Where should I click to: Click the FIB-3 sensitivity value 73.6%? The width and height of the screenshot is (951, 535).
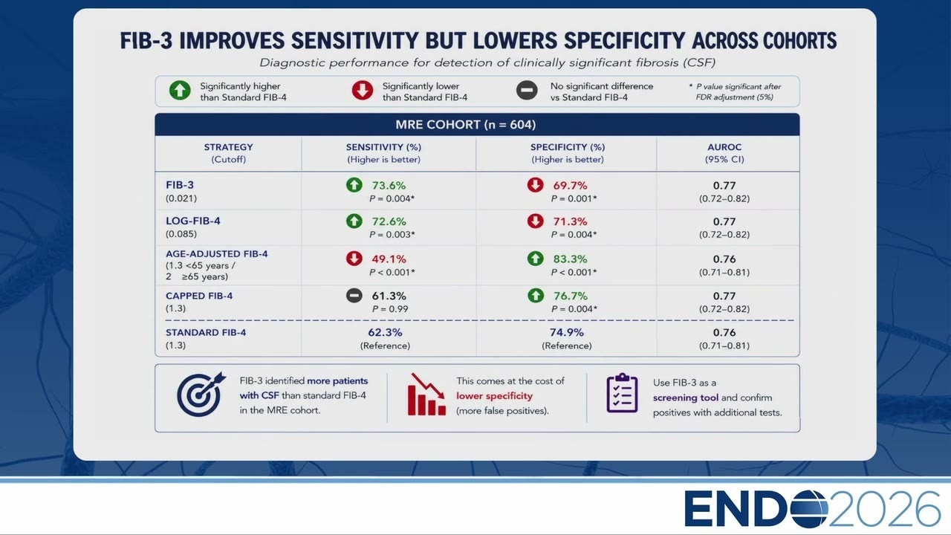click(389, 186)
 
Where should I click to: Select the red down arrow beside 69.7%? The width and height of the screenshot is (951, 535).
click(536, 185)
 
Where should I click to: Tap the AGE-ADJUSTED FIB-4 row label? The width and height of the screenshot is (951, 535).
click(216, 254)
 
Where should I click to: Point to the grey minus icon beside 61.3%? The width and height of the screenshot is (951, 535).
click(354, 295)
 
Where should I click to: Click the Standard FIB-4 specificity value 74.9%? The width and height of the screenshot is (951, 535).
click(566, 332)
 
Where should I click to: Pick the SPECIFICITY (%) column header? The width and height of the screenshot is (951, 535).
click(568, 147)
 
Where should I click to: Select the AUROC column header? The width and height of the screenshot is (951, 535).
click(724, 147)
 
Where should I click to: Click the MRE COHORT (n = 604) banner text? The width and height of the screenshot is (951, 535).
click(466, 124)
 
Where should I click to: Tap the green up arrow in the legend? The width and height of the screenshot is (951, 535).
click(180, 91)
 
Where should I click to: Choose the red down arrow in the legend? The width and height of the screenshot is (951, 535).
click(362, 91)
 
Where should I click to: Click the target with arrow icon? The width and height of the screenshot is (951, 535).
click(201, 395)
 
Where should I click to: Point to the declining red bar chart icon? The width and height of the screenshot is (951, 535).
click(426, 394)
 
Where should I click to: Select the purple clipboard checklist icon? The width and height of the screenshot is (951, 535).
click(622, 393)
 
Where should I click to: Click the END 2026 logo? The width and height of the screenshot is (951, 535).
click(812, 508)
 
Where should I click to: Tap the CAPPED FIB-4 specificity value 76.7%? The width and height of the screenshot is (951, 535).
click(570, 296)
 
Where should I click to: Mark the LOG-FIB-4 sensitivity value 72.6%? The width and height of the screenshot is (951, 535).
click(389, 221)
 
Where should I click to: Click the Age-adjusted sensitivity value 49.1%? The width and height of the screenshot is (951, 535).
click(389, 259)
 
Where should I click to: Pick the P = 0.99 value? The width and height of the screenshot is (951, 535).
click(390, 309)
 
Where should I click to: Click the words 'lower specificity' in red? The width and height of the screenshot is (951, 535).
click(494, 396)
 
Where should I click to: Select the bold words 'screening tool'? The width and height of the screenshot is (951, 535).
click(686, 398)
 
